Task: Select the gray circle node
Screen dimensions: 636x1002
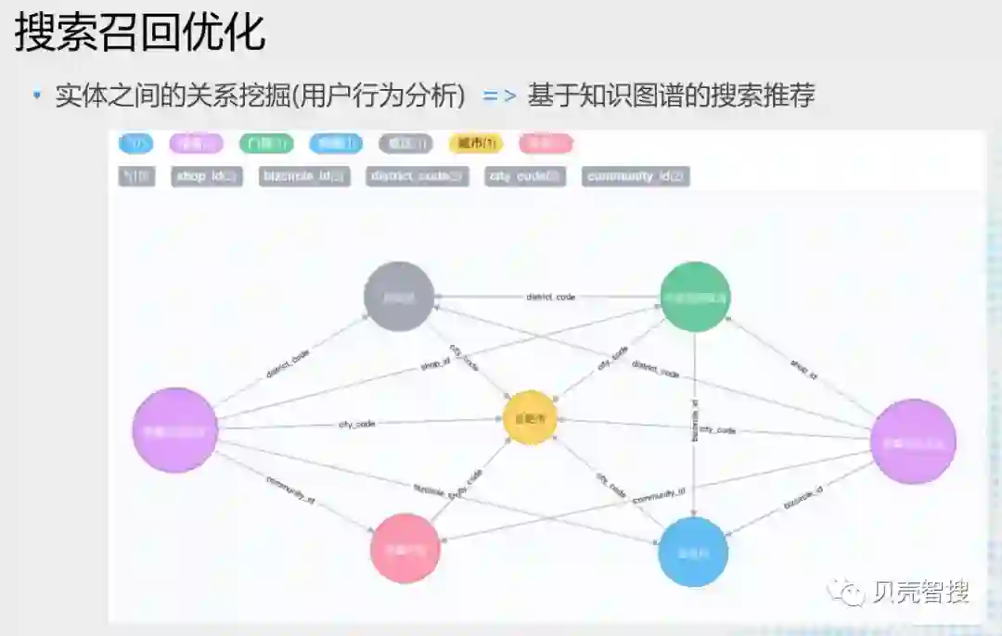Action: pyautogui.click(x=399, y=297)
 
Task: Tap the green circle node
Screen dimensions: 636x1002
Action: pyautogui.click(x=695, y=297)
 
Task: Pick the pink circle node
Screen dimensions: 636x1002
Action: pyautogui.click(x=405, y=548)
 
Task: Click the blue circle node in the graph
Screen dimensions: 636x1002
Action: pyautogui.click(x=693, y=552)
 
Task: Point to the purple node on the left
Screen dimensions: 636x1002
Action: pyautogui.click(x=175, y=430)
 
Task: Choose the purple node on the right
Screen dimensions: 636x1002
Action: pyautogui.click(x=913, y=441)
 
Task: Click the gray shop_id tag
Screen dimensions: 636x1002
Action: pyautogui.click(x=206, y=176)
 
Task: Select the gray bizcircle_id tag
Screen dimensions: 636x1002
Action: pyautogui.click(x=304, y=176)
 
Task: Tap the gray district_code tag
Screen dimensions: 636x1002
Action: pyautogui.click(x=417, y=176)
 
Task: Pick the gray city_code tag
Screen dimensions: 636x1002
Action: pyautogui.click(x=524, y=176)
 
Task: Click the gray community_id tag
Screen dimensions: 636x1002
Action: pyautogui.click(x=636, y=176)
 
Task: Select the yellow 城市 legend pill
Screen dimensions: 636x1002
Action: pyautogui.click(x=475, y=144)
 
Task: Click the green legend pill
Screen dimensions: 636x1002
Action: pyautogui.click(x=266, y=144)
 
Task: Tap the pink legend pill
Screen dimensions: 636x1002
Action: pyautogui.click(x=546, y=144)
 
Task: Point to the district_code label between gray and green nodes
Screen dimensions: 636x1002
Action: pyautogui.click(x=550, y=297)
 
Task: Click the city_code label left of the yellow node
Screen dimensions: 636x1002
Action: pyautogui.click(x=356, y=424)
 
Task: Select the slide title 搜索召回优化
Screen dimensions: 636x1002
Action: pyautogui.click(x=140, y=32)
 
